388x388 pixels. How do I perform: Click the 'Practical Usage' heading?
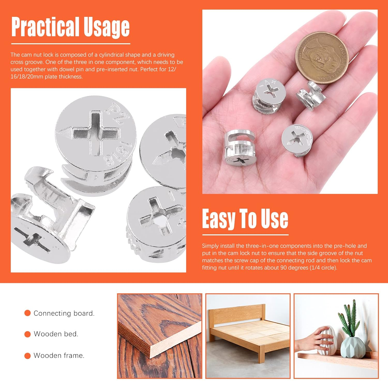70,27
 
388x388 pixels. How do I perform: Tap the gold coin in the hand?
322,58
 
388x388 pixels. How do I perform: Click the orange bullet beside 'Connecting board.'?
27,313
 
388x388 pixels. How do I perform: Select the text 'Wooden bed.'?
56,334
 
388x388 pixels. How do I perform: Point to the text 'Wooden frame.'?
59,355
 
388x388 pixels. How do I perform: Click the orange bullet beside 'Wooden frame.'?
27,356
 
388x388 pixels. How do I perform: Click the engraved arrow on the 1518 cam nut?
64,133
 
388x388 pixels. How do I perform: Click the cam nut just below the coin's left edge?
269,96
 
